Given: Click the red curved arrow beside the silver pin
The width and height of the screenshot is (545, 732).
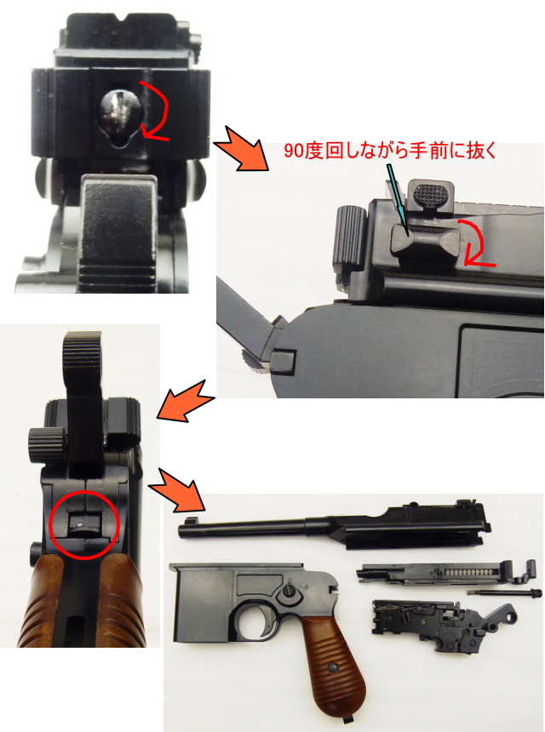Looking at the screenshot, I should tap(157, 111).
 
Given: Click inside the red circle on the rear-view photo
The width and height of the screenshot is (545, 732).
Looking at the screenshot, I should tap(82, 525).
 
